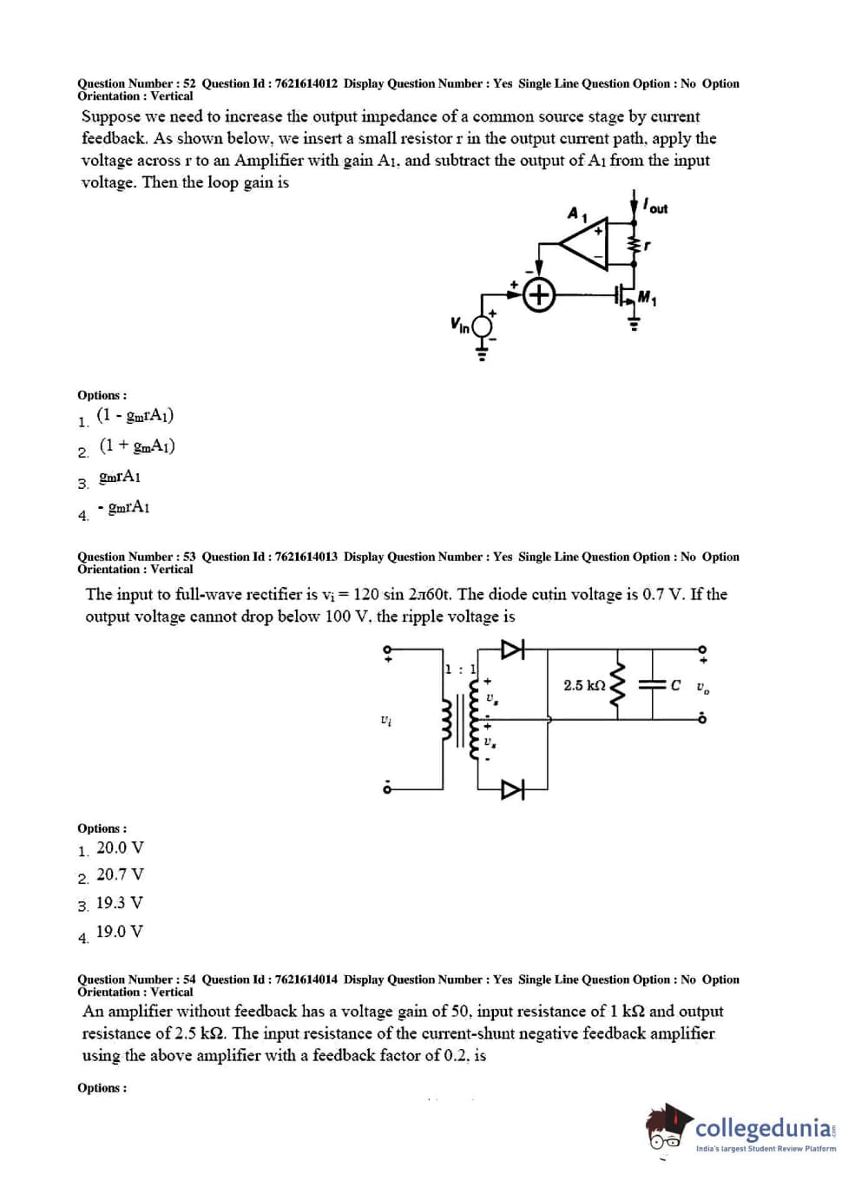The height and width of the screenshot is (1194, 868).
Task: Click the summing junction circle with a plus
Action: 540,295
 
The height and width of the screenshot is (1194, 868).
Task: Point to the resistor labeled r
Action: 635,247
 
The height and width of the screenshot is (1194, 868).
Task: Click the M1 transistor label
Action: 648,300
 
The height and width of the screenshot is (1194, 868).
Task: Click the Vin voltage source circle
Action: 482,326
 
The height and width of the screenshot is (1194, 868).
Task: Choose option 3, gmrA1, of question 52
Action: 120,477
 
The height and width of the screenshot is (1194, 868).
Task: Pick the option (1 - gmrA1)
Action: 135,415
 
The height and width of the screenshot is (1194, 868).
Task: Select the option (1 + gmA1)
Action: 137,445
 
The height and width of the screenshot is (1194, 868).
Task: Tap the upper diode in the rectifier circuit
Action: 513,649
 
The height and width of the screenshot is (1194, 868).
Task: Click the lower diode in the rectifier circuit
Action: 513,789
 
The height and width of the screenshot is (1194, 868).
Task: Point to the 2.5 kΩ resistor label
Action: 584,685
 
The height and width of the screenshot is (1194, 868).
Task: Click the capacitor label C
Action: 675,685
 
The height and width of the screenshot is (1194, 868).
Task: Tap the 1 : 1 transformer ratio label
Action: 460,669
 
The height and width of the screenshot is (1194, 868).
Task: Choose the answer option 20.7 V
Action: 120,874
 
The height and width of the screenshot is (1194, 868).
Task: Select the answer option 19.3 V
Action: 120,903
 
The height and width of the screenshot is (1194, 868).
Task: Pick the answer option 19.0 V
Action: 120,932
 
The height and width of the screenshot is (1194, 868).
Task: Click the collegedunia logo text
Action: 764,1128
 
